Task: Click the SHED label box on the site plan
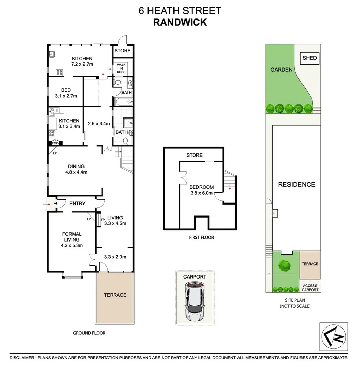(x=310, y=58)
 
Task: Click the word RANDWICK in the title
(x=180, y=22)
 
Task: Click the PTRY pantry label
(x=55, y=144)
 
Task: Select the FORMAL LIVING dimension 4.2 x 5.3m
(x=72, y=245)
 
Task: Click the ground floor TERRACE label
(x=115, y=295)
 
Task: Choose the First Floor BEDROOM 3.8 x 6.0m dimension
(x=202, y=193)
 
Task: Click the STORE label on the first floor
(x=194, y=155)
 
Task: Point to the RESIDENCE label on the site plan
(x=296, y=184)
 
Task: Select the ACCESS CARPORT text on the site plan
(x=310, y=288)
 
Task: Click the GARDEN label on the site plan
(x=281, y=70)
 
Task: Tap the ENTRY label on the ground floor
(x=77, y=203)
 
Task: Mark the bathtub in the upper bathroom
(x=123, y=101)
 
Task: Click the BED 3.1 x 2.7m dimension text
(x=66, y=96)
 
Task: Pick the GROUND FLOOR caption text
(x=89, y=333)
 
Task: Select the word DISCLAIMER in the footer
(x=22, y=358)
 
